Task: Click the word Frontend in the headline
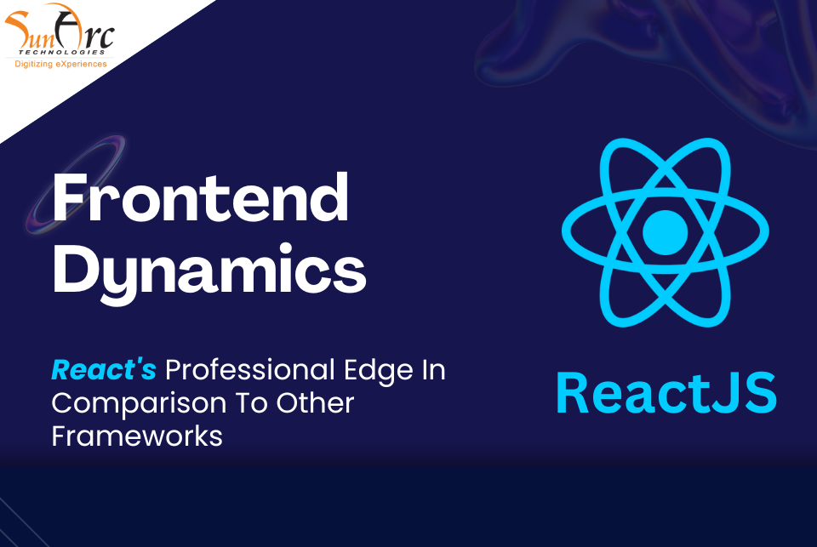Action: coord(201,198)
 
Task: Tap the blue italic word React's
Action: coord(104,370)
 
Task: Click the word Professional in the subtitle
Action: coord(249,371)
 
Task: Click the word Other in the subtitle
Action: coord(315,403)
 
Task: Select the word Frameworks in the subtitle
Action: coord(137,436)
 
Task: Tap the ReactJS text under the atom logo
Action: coord(666,393)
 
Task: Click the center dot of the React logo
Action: coord(665,232)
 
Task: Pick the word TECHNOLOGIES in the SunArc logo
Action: coord(62,52)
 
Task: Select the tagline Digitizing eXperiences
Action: coord(60,64)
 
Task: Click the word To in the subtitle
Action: coord(252,403)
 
